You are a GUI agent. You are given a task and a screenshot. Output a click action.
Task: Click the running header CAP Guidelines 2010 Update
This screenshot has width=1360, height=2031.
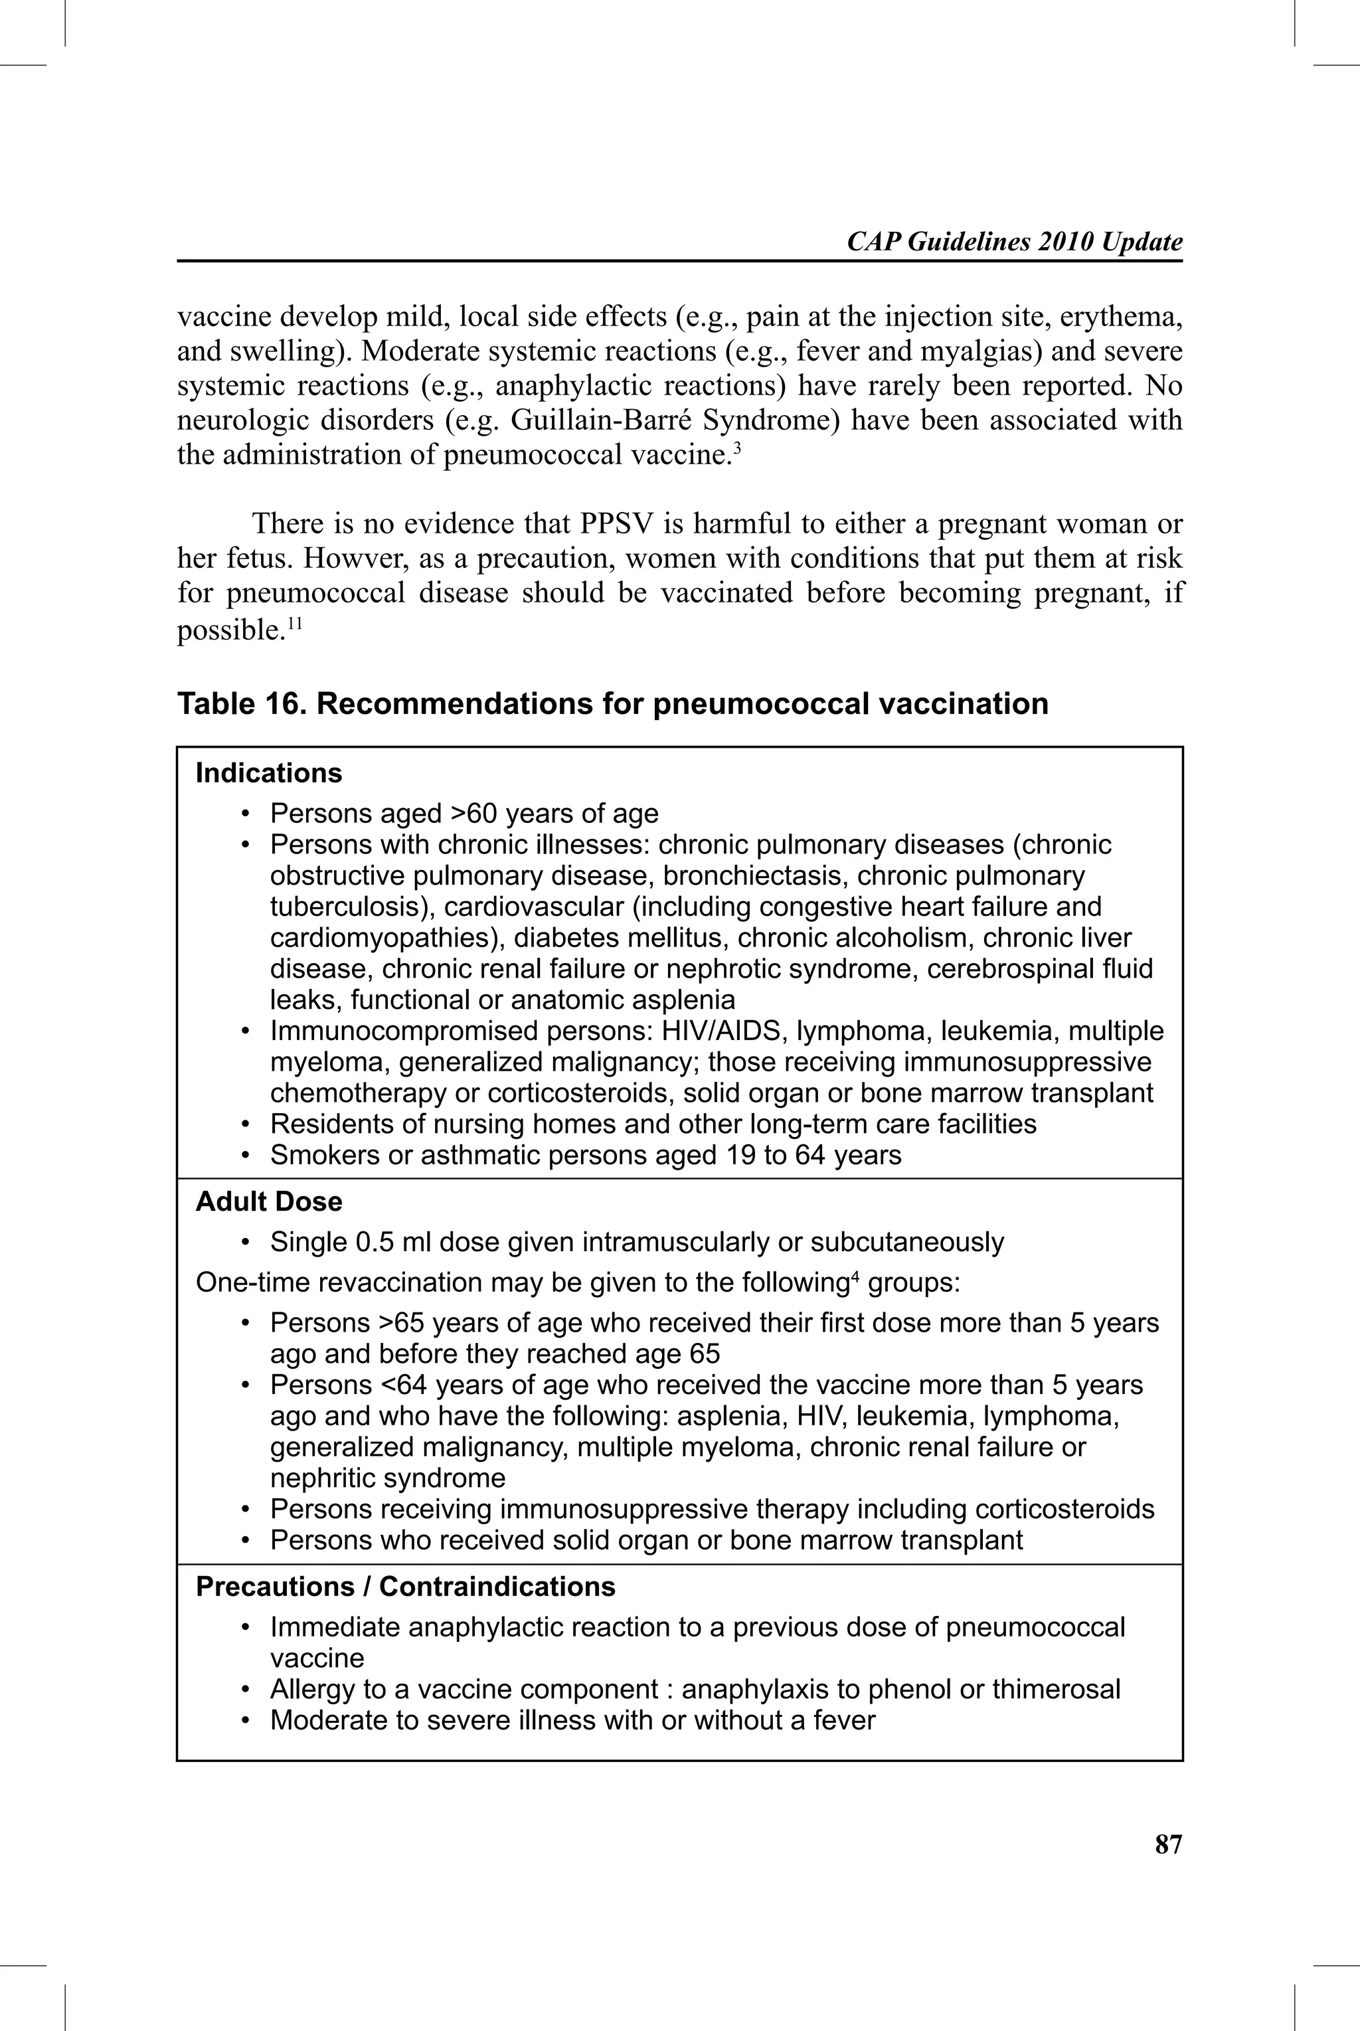[x=1014, y=242]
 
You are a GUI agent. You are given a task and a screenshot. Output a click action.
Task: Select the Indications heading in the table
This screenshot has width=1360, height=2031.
[x=268, y=772]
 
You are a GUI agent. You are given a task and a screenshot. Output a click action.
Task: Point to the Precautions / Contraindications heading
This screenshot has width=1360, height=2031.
[x=405, y=1586]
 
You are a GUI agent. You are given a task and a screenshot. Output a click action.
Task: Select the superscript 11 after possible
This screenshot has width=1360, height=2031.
[x=294, y=623]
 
